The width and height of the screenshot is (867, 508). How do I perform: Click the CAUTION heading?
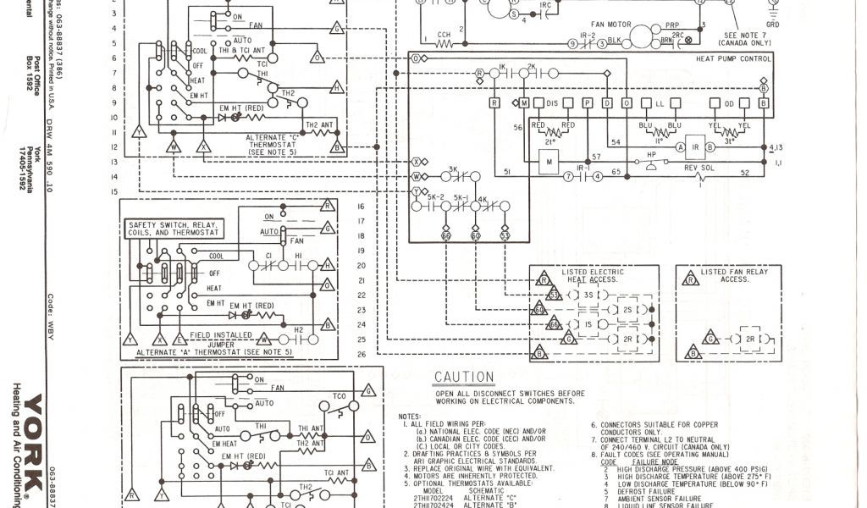[463, 377]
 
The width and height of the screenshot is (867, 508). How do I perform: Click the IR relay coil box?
[695, 146]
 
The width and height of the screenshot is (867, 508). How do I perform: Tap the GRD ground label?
[772, 25]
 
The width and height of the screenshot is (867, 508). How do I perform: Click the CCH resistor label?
[444, 35]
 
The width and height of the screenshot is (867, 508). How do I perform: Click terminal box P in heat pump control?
[587, 102]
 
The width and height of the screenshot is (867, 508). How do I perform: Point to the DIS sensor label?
[552, 102]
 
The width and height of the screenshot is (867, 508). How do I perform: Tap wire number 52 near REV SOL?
[744, 173]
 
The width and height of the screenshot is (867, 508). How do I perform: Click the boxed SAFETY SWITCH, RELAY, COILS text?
[173, 229]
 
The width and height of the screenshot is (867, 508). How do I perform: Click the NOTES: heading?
[409, 417]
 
